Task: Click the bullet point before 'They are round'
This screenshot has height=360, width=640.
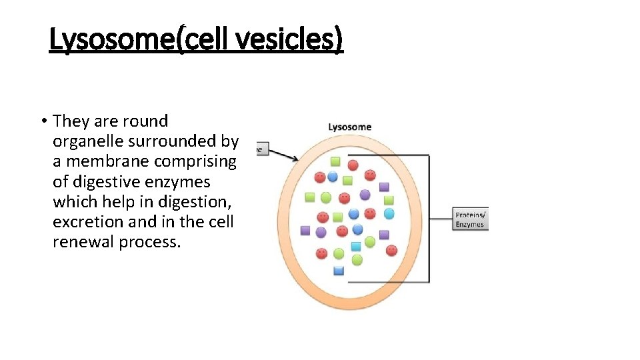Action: (43, 121)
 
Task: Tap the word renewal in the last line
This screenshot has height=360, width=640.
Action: (83, 241)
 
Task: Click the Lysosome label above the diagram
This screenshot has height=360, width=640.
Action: (349, 127)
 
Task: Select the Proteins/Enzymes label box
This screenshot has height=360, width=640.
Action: (471, 219)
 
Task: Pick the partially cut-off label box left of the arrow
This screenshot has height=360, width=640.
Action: (259, 149)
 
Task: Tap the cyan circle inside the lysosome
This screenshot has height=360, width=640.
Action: (389, 213)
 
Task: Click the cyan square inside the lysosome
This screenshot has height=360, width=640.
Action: (356, 246)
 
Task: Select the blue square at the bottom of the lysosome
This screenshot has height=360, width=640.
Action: (338, 270)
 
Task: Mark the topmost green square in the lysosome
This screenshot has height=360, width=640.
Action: (335, 161)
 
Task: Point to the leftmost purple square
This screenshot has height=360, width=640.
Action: (305, 230)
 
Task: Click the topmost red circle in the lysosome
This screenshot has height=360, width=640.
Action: (353, 165)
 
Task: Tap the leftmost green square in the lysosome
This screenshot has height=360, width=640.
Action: (309, 197)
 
